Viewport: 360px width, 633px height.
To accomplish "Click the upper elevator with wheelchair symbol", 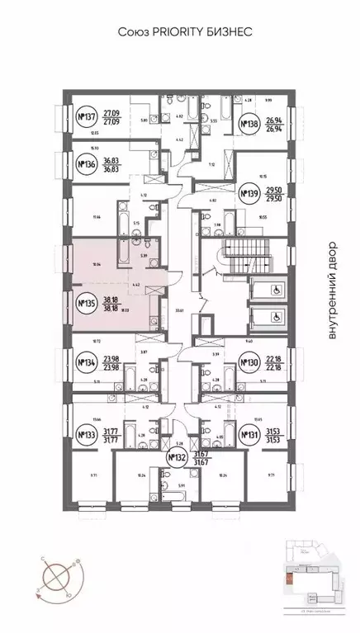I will click(x=265, y=288).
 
